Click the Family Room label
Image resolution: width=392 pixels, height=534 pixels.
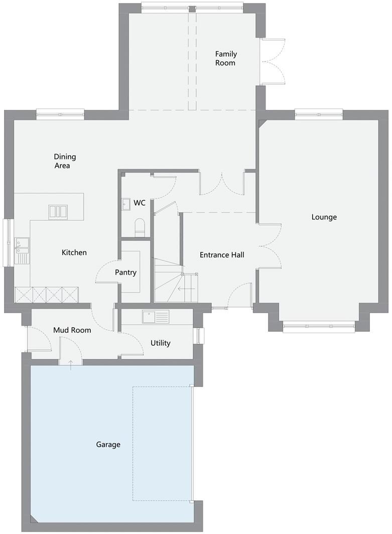point(225,58)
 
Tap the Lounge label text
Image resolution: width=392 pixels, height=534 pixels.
point(324,217)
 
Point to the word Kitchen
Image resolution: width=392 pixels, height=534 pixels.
point(74,252)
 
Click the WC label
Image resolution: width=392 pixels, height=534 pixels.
point(139,203)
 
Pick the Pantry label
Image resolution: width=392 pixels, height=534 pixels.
point(125,273)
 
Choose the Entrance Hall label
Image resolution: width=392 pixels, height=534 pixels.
point(222,255)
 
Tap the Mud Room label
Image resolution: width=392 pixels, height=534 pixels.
point(72,330)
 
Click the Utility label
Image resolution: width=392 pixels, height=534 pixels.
point(161,343)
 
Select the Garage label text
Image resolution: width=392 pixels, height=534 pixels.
point(108,445)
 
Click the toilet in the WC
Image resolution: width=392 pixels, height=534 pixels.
point(140,227)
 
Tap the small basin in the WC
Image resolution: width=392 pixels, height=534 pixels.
point(125,203)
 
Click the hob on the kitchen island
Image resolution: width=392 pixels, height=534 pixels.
point(58,212)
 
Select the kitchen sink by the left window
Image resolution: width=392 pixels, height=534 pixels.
point(22,250)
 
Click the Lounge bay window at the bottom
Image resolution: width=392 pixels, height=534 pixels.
point(319,327)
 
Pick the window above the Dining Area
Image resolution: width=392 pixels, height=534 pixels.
point(60,114)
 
